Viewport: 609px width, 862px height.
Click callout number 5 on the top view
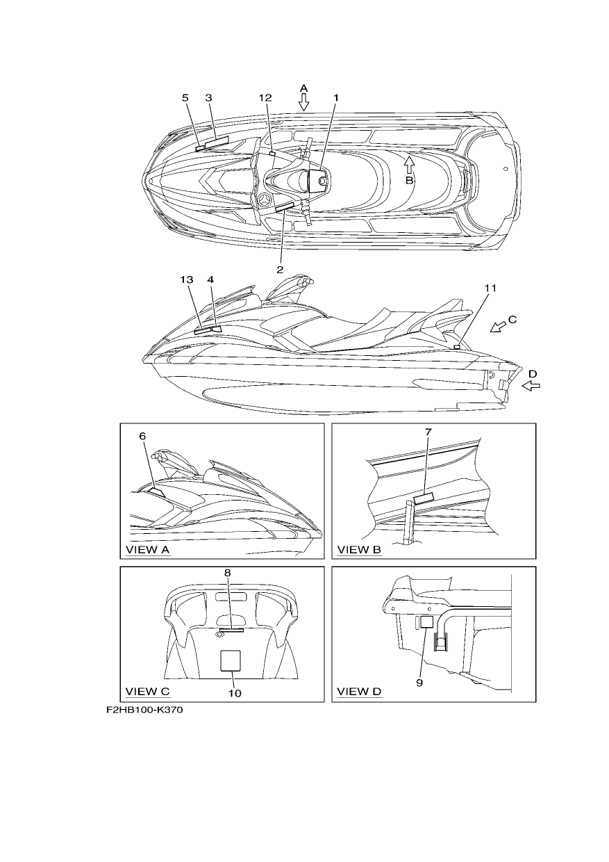click(x=185, y=98)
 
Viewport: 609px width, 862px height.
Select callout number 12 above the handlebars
click(x=265, y=98)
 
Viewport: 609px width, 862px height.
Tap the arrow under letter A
click(x=303, y=102)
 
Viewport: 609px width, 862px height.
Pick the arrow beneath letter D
click(x=531, y=386)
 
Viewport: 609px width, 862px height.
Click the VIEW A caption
click(x=148, y=550)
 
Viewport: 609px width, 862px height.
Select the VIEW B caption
click(x=359, y=550)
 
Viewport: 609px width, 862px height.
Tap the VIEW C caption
click(x=148, y=692)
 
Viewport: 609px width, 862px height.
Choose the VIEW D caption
click(x=359, y=692)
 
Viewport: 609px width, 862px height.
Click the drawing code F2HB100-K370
click(x=144, y=710)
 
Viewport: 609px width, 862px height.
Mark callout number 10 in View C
click(x=235, y=694)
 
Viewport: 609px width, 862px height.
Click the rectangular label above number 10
click(x=230, y=660)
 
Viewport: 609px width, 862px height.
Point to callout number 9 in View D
click(x=419, y=683)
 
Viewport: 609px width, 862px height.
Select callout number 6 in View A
click(x=142, y=436)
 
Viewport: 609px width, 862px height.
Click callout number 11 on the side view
click(x=490, y=288)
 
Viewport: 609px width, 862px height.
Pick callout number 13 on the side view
click(x=187, y=279)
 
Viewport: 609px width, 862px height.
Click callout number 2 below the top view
click(x=280, y=270)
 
